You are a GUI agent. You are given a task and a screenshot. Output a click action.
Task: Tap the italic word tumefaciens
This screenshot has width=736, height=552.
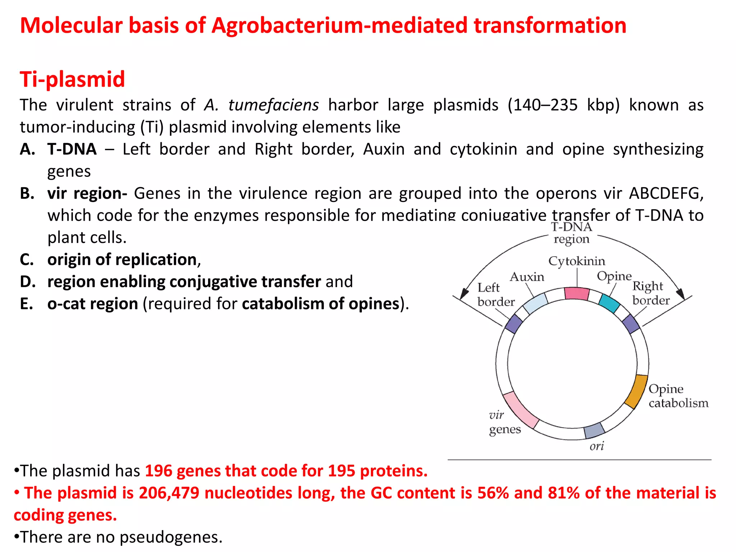273,105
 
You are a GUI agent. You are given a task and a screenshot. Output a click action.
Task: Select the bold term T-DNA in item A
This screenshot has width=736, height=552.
72,149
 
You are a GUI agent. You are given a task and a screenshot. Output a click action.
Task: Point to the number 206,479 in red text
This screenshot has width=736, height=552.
169,493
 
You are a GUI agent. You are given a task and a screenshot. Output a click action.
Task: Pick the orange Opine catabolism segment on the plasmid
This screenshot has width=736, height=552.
636,392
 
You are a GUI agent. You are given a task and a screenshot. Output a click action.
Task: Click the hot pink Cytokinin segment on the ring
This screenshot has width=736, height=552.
577,293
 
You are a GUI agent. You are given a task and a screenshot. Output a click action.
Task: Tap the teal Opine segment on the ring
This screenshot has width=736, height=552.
609,303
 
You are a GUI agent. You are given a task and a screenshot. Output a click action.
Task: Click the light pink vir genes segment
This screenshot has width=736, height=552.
521,410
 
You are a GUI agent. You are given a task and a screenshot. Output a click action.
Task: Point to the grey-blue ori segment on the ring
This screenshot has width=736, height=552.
594,430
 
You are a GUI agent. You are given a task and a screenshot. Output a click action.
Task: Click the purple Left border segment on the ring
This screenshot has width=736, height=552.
514,324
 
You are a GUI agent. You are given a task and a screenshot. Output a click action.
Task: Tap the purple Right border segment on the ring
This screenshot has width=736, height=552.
631,323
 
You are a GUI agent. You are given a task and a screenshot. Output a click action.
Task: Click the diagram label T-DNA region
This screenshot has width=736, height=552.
571,233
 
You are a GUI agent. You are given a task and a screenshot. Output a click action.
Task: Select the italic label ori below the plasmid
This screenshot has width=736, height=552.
597,446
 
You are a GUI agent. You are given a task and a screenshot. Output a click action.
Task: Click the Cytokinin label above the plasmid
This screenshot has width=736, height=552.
576,261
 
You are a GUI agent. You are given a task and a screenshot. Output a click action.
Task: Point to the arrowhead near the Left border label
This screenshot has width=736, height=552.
464,293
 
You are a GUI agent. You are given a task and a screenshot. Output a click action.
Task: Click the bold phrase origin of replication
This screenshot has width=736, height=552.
122,260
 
